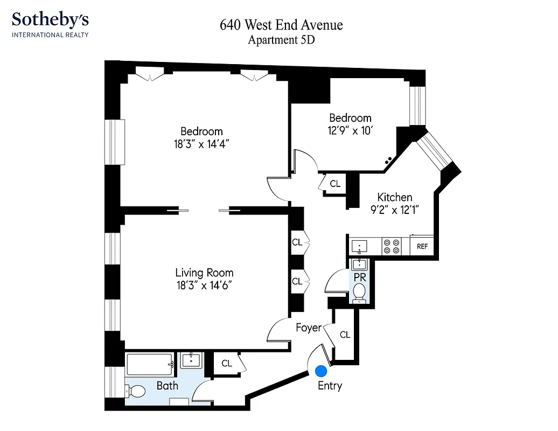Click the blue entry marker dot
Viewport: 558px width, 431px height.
click(x=321, y=371)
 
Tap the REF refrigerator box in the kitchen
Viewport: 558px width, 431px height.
click(x=422, y=246)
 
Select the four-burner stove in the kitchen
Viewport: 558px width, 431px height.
click(x=392, y=246)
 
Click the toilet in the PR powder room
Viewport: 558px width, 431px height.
click(x=359, y=292)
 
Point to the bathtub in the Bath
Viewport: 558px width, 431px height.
click(x=150, y=365)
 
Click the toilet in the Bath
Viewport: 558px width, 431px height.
click(x=136, y=391)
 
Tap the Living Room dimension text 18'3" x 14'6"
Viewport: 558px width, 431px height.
click(x=204, y=286)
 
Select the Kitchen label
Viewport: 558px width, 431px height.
click(x=394, y=197)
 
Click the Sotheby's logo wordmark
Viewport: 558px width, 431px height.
click(x=50, y=20)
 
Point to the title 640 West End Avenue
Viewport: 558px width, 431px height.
click(x=281, y=25)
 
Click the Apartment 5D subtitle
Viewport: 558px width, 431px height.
click(x=281, y=40)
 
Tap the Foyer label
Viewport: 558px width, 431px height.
click(x=308, y=328)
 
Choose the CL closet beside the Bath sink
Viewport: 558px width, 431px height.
click(x=227, y=363)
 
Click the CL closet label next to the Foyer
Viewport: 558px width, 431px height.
click(x=345, y=335)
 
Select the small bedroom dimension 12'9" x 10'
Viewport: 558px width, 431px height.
click(x=350, y=130)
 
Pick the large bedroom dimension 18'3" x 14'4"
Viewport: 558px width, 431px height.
click(x=201, y=144)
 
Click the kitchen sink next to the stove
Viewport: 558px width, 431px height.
click(x=359, y=247)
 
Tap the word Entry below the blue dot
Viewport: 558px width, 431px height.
click(x=330, y=386)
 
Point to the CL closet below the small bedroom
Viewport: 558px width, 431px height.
click(x=335, y=184)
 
